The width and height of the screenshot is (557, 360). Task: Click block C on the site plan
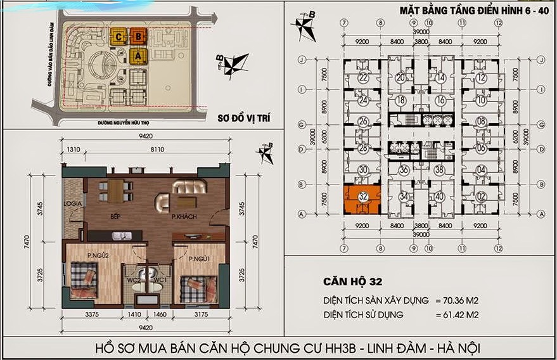(x=118, y=36)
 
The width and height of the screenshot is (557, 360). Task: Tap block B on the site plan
(x=138, y=36)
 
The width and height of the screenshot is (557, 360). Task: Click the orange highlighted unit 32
(x=362, y=198)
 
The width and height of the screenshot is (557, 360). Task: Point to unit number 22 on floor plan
(x=363, y=79)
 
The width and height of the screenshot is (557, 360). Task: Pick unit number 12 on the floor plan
(x=482, y=79)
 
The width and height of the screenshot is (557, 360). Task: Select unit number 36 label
(x=404, y=170)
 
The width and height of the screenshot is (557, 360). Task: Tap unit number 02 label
(x=482, y=197)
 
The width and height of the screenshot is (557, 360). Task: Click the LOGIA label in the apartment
(x=72, y=203)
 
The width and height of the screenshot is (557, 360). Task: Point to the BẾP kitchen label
(x=115, y=217)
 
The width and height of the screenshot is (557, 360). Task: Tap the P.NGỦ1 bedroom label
(x=198, y=258)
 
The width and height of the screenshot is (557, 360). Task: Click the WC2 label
(x=134, y=280)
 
